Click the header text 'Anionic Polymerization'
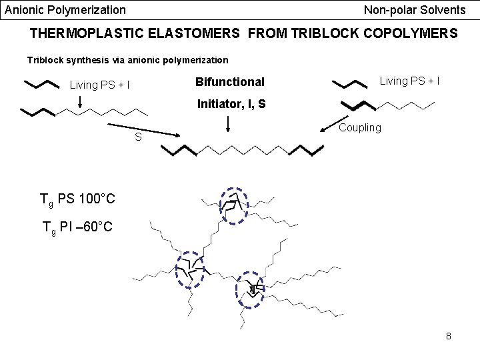pyautogui.click(x=65, y=10)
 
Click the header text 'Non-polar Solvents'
pyautogui.click(x=415, y=10)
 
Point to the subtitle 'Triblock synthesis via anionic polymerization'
pyautogui.click(x=127, y=60)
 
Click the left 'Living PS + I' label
pyautogui.click(x=100, y=85)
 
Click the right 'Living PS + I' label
pyautogui.click(x=409, y=81)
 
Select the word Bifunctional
pyautogui.click(x=230, y=82)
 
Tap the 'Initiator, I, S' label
pyautogui.click(x=231, y=103)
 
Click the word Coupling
pyautogui.click(x=360, y=127)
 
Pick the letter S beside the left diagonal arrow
pyautogui.click(x=138, y=137)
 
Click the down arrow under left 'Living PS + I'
pyautogui.click(x=79, y=100)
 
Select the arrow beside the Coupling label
pyautogui.click(x=331, y=126)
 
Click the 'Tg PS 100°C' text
pyautogui.click(x=77, y=199)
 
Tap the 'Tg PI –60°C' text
pyautogui.click(x=77, y=227)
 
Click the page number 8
pyautogui.click(x=449, y=336)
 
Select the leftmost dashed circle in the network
pyautogui.click(x=190, y=270)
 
